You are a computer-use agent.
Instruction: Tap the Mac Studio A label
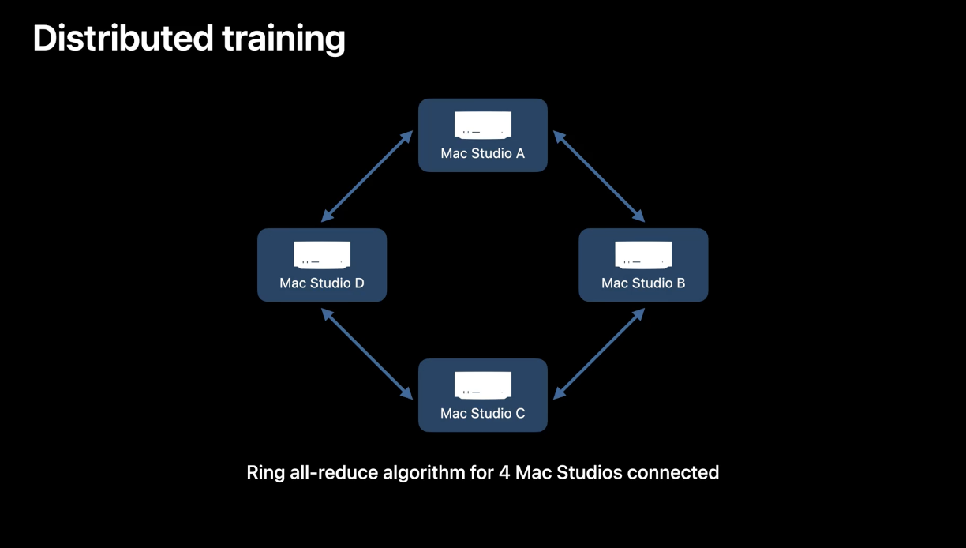(482, 153)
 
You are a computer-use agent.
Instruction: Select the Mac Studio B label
(643, 283)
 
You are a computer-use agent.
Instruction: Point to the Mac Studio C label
(482, 413)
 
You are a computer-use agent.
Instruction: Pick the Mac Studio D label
(322, 283)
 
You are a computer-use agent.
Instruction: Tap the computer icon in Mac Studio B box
(643, 255)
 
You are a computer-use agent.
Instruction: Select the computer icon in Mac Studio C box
(483, 385)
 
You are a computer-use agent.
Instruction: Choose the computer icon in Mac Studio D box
(322, 255)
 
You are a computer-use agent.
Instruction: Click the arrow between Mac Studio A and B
(599, 176)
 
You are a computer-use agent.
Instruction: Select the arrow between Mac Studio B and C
(600, 353)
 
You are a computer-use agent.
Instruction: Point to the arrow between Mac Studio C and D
(367, 353)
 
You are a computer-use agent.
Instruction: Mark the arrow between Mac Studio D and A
(367, 176)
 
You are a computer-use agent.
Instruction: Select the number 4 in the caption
(504, 473)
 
